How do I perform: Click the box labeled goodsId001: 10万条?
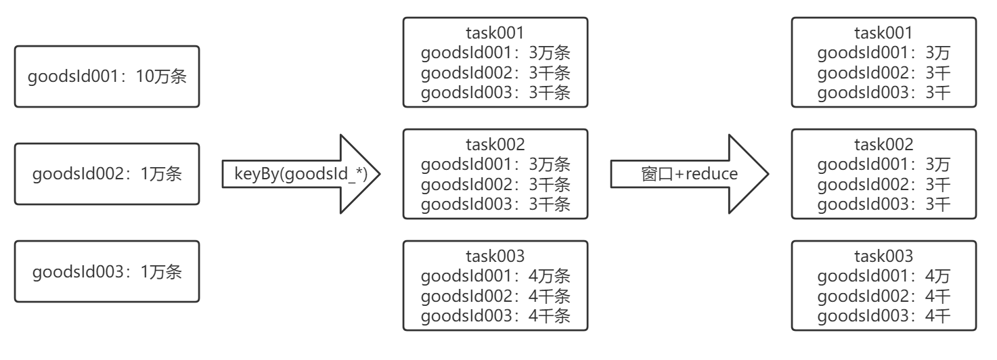(x=107, y=77)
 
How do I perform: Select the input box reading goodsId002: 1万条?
(x=107, y=174)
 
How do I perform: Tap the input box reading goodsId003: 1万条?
(x=107, y=271)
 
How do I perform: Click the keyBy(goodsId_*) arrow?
(x=299, y=174)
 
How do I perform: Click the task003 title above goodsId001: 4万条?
(x=495, y=256)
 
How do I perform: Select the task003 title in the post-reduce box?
(x=883, y=256)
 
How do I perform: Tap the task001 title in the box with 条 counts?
(x=495, y=33)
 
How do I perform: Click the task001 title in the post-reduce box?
(x=883, y=33)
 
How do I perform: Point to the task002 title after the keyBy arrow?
(x=495, y=144)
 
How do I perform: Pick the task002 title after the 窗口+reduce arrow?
(x=883, y=144)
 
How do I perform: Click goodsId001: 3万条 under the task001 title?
(x=495, y=53)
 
